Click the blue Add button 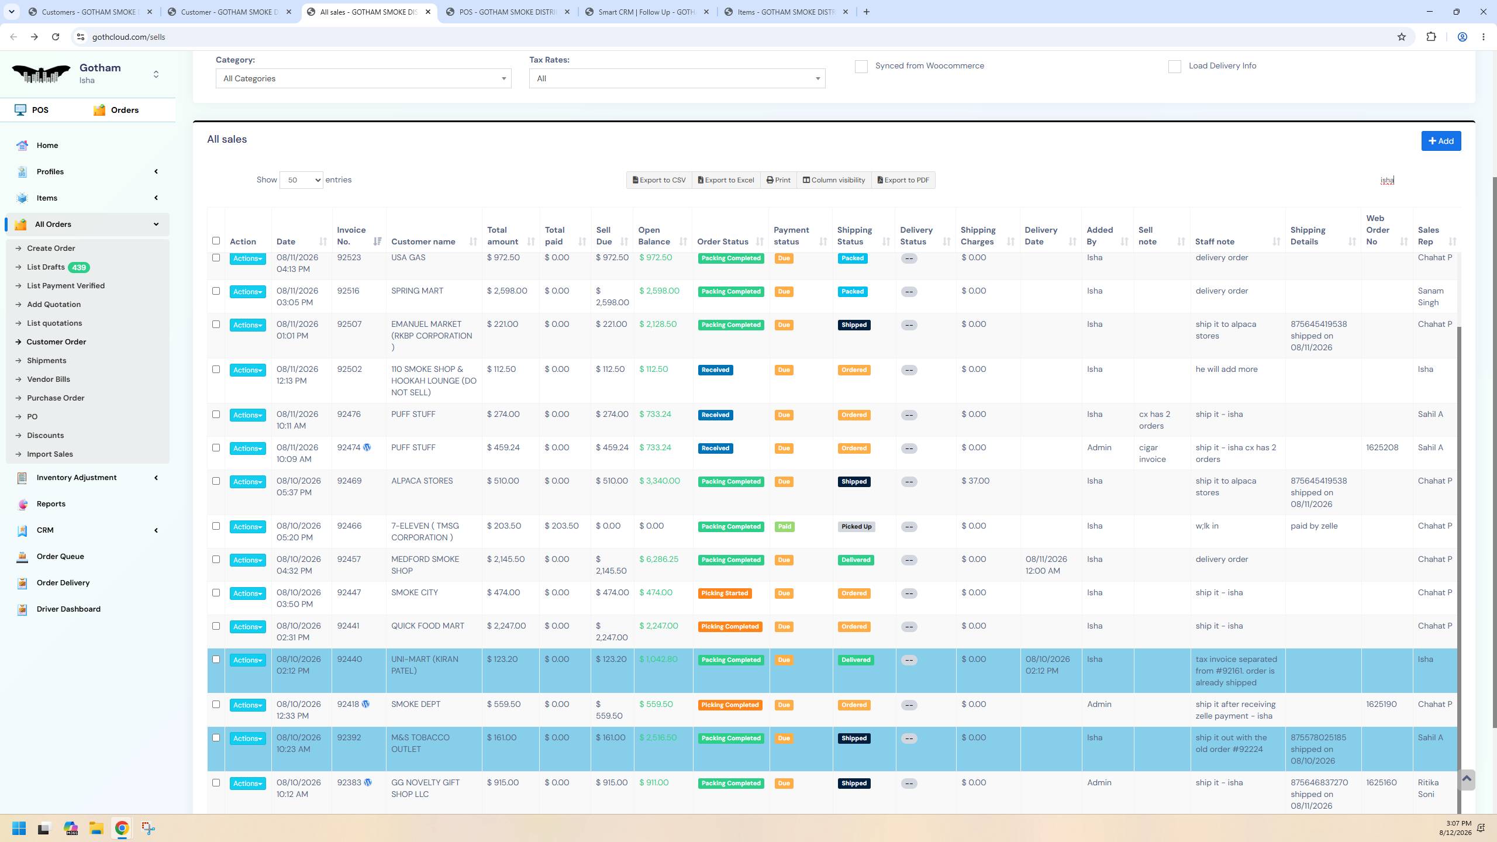(x=1441, y=141)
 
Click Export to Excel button (x=726, y=180)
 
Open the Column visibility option (x=833, y=180)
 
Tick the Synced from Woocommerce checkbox (x=861, y=67)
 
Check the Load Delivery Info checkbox (x=1174, y=67)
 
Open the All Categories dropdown (x=363, y=78)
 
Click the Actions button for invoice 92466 (x=247, y=527)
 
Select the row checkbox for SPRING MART (x=216, y=291)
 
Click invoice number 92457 (x=349, y=560)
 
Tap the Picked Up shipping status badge (x=856, y=527)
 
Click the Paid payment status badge (x=784, y=527)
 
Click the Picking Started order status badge (x=725, y=593)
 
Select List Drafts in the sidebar (x=46, y=267)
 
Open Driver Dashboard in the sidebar (x=68, y=609)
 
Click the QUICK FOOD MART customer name (x=427, y=626)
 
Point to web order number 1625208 (x=1382, y=448)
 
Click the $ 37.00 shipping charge (x=975, y=481)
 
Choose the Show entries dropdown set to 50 (x=301, y=180)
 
